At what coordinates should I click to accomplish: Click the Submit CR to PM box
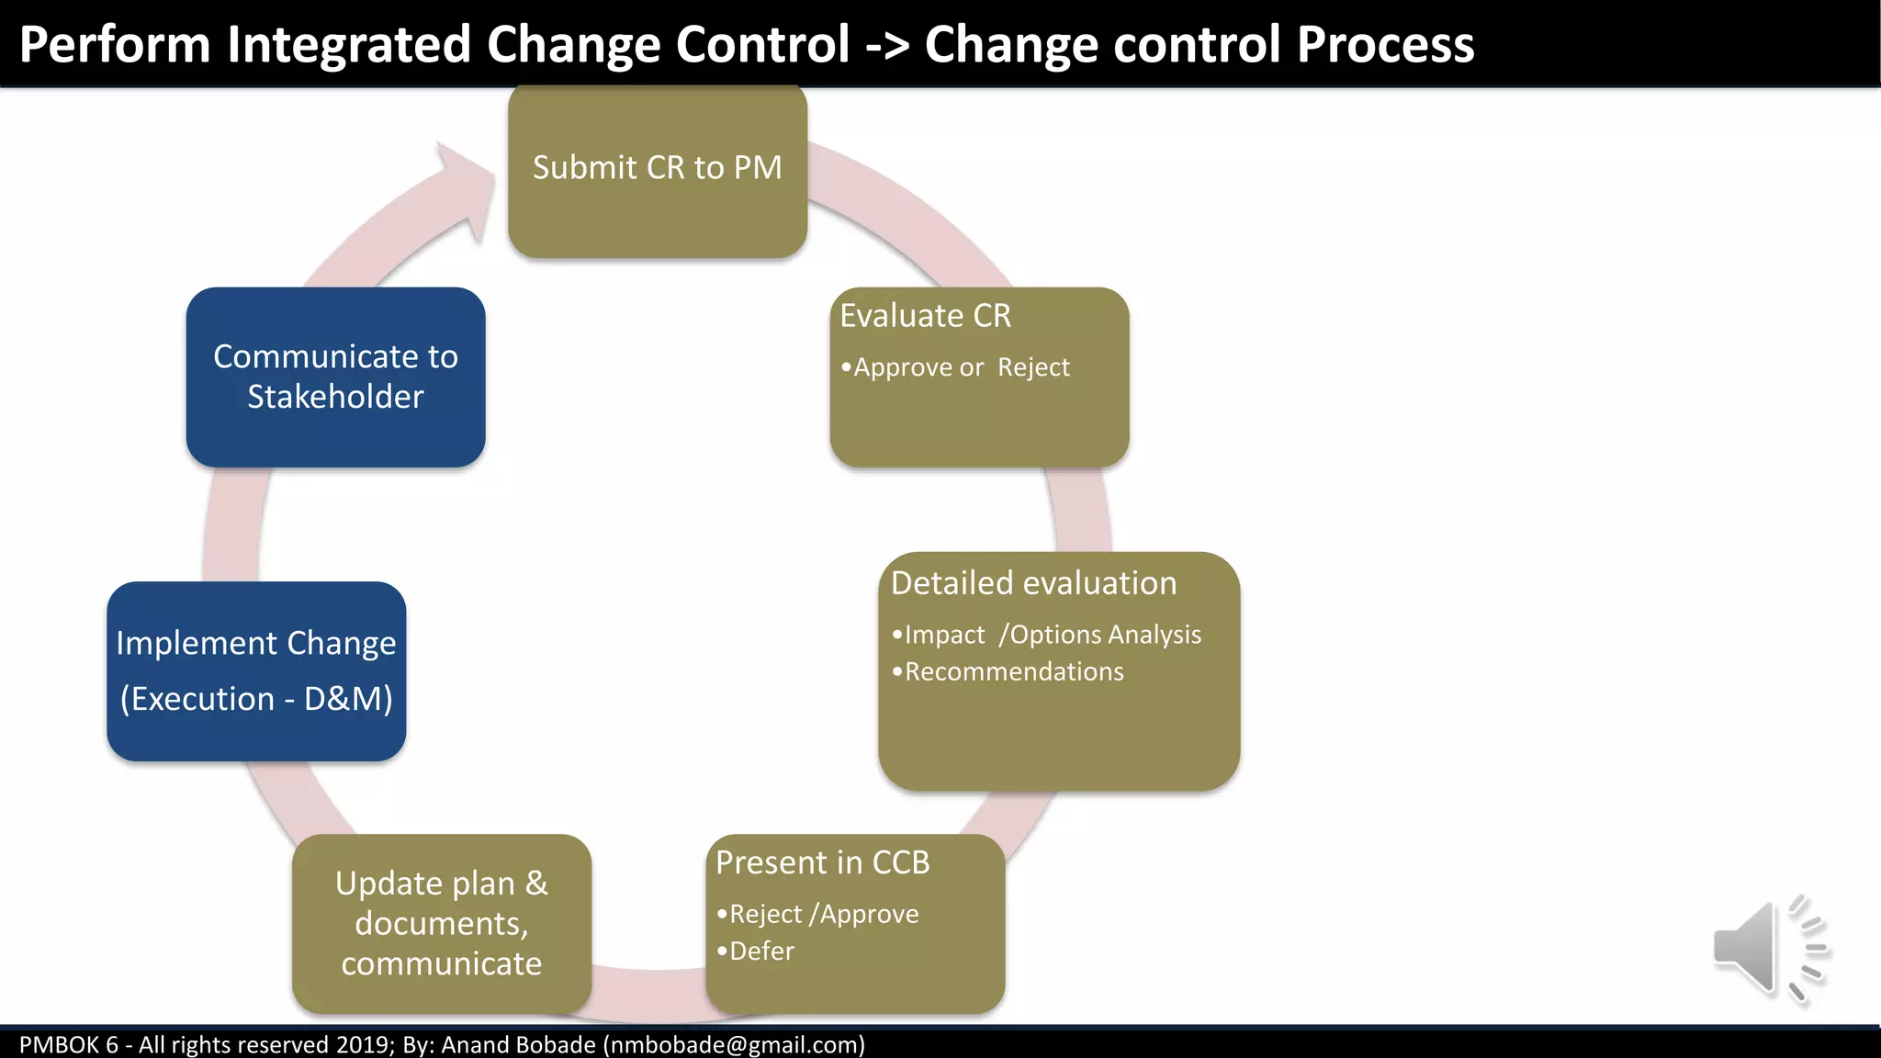pyautogui.click(x=658, y=170)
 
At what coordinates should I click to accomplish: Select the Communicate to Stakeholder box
pyautogui.click(x=335, y=377)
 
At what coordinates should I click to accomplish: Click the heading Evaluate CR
pyautogui.click(x=925, y=316)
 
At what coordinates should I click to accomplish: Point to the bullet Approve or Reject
pyautogui.click(x=961, y=367)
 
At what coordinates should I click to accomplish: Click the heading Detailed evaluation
pyautogui.click(x=1033, y=583)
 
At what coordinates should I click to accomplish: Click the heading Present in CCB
pyautogui.click(x=822, y=862)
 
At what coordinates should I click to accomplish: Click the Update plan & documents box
pyautogui.click(x=442, y=923)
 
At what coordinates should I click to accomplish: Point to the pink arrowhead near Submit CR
pyautogui.click(x=464, y=188)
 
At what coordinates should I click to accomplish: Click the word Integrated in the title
pyautogui.click(x=349, y=44)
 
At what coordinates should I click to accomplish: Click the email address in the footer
pyautogui.click(x=734, y=1044)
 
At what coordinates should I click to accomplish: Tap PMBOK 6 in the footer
pyautogui.click(x=69, y=1044)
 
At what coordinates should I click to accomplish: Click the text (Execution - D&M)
pyautogui.click(x=256, y=699)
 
